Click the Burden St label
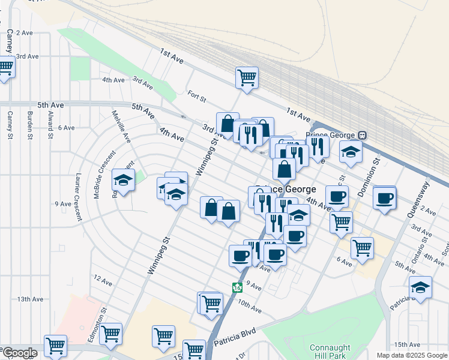29,125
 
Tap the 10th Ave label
249,307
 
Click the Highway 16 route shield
238,287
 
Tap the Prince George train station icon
362,135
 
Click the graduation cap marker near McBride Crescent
124,179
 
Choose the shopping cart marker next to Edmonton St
111,334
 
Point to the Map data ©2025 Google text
412,355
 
